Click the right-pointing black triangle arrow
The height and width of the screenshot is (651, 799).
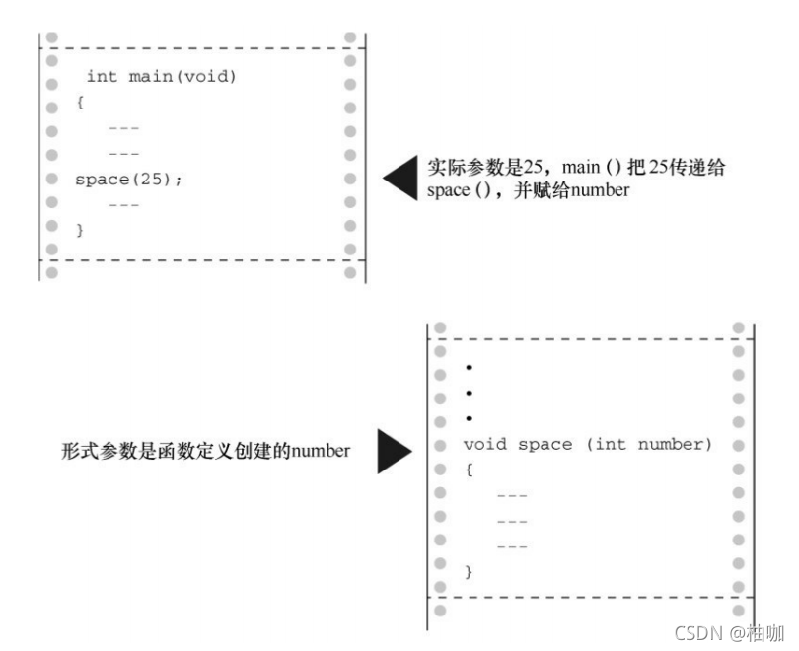394,451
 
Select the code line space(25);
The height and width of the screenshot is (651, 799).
128,180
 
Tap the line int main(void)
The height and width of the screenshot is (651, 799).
162,76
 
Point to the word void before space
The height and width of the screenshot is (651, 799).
485,444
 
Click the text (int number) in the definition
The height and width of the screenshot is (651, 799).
648,444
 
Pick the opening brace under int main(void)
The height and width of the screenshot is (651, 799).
80,102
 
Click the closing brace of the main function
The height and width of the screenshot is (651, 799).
80,230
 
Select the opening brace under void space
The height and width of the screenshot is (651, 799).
469,470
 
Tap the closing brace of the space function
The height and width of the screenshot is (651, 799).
469,571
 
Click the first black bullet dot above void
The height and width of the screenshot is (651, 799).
468,367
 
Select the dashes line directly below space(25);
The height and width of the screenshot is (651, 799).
123,204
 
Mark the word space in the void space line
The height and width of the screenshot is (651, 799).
545,444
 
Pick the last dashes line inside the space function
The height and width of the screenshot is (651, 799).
512,545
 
